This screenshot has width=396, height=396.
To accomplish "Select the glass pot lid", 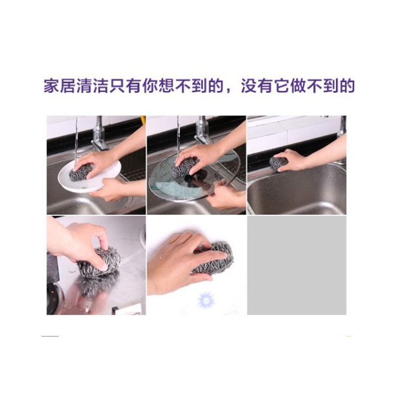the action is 194,177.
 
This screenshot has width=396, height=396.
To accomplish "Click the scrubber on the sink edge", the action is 278,163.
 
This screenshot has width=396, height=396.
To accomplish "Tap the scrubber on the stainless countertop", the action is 99,262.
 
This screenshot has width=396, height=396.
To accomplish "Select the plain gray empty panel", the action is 297,265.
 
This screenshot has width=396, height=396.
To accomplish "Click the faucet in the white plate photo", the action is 99,134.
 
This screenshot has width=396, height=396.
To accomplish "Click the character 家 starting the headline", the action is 51,87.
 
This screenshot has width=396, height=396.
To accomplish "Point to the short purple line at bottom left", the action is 50,336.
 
